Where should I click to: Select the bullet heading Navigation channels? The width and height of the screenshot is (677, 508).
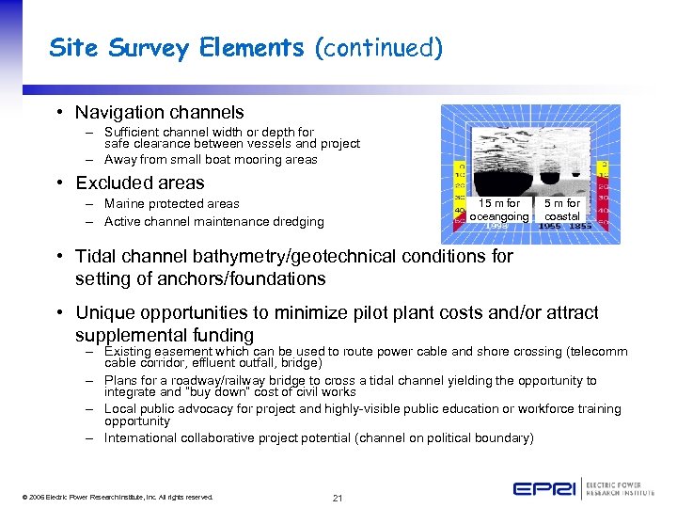click(159, 112)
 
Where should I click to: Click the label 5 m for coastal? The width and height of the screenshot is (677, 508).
click(562, 210)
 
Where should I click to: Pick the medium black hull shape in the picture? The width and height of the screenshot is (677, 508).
click(545, 176)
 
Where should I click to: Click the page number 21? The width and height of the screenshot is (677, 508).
click(337, 498)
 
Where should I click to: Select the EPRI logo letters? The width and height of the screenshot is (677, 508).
click(544, 488)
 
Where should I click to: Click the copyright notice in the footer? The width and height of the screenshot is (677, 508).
click(115, 497)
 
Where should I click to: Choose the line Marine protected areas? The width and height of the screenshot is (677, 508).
click(171, 204)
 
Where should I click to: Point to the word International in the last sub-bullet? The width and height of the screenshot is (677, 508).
click(142, 438)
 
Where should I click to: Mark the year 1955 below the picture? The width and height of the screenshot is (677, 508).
click(550, 227)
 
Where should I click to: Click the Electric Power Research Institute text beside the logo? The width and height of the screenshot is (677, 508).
click(620, 488)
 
